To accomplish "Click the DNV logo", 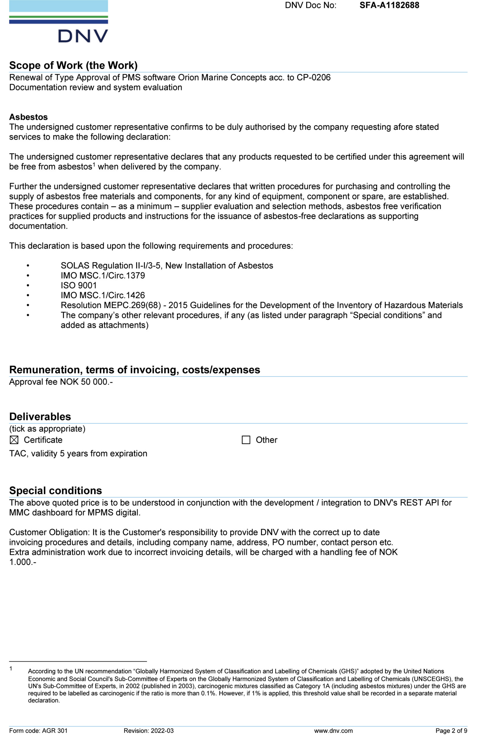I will point(59,22).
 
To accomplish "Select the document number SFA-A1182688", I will point(389,5).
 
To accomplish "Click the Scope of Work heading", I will point(73,66).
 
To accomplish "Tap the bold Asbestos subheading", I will point(28,117).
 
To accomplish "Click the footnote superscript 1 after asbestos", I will point(94,164).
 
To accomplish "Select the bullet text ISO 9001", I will point(79,285).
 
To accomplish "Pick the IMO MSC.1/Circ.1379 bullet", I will point(103,275).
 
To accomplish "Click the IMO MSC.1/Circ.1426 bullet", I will point(103,295).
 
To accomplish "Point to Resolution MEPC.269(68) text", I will point(111,305).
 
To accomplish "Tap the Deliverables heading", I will point(40,417).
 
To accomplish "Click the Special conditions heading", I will point(55,491).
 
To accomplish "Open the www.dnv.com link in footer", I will point(333,731).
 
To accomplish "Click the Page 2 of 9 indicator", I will point(451,731).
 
